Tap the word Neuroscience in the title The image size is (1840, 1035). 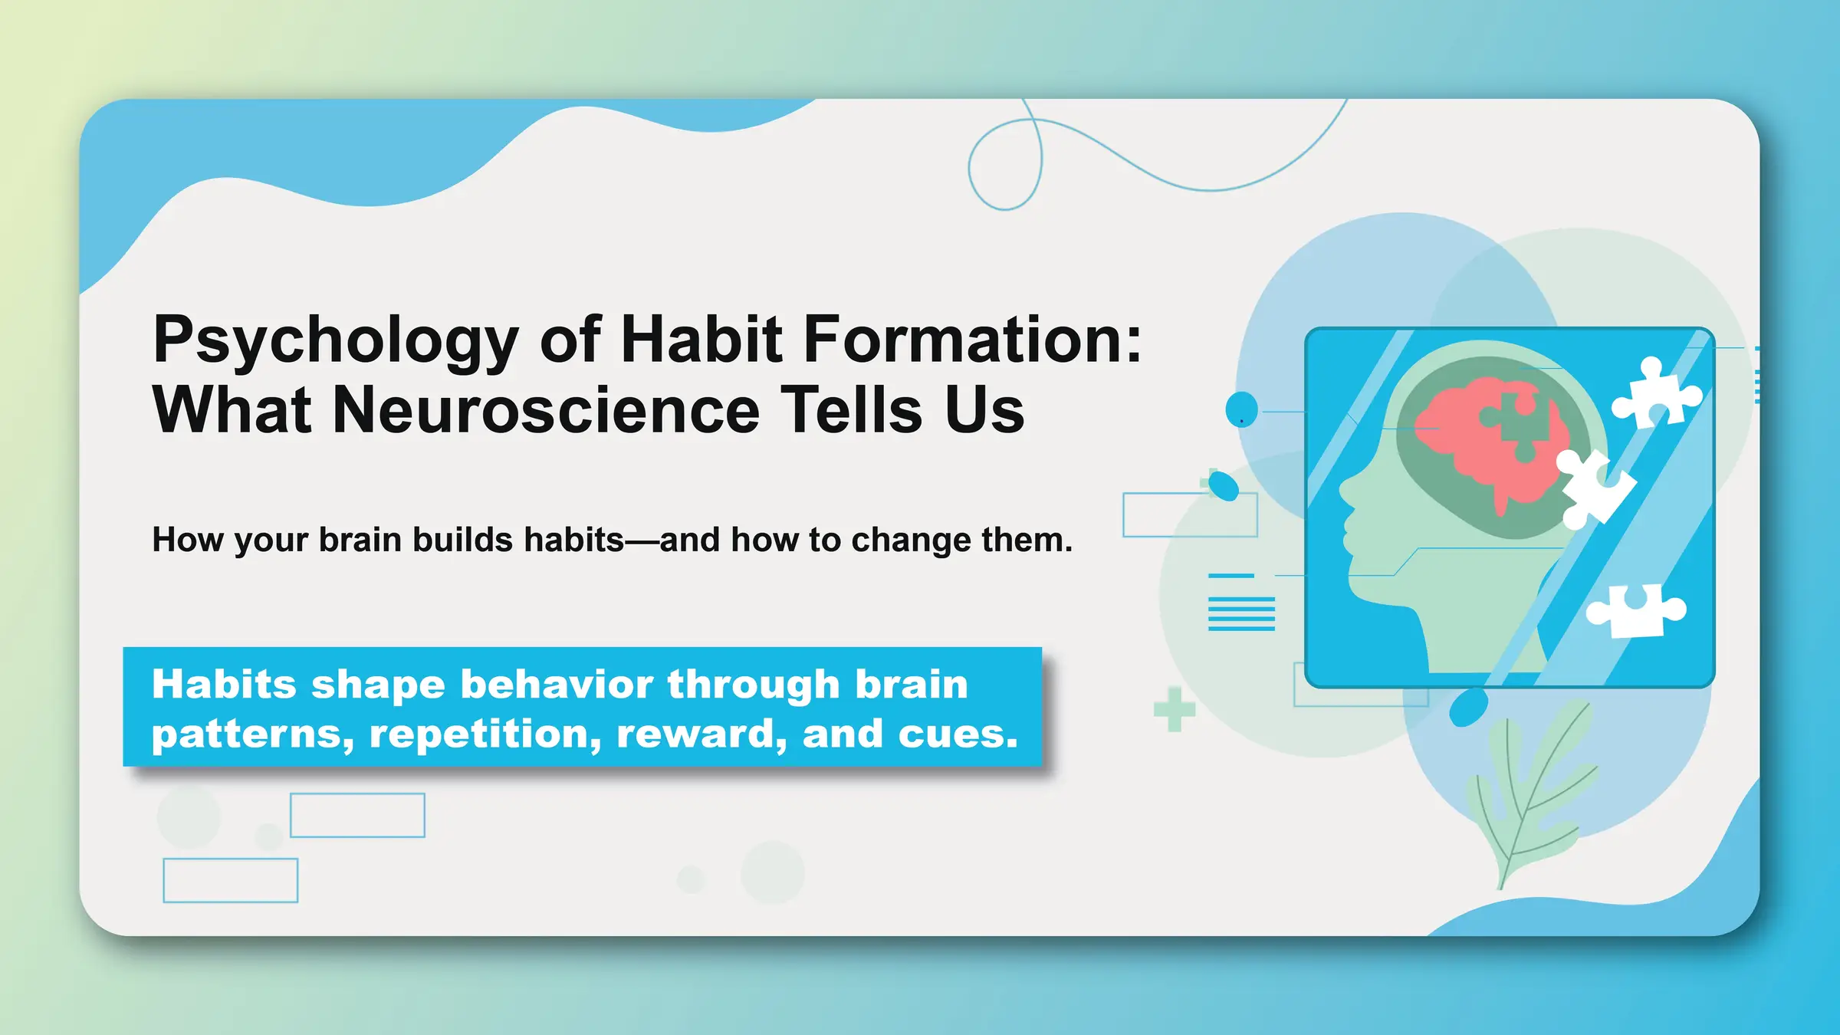[545, 411]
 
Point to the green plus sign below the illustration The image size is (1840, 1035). [1174, 710]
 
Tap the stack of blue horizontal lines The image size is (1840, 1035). [1241, 613]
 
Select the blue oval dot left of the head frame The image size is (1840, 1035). [1241, 409]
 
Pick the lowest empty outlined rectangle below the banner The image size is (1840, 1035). [230, 880]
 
